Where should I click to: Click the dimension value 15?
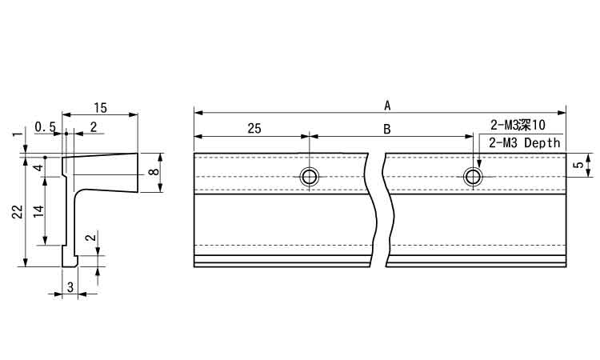[100, 108]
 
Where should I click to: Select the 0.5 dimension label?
[45, 126]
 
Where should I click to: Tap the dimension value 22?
[18, 211]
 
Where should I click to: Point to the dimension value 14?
[38, 211]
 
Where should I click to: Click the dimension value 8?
[154, 171]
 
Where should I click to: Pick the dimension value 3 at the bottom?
[70, 287]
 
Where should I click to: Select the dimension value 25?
[254, 129]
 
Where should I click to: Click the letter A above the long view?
[387, 106]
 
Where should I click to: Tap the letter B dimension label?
[387, 130]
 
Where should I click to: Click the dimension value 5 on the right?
[580, 165]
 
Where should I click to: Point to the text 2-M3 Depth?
[524, 143]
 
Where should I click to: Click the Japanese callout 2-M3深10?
[517, 125]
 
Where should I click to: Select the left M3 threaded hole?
[309, 177]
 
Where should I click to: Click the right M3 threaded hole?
[473, 177]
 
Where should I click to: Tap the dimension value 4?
[38, 167]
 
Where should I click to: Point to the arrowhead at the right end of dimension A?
[562, 113]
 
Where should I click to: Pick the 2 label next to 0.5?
[94, 126]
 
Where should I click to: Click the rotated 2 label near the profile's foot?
[90, 238]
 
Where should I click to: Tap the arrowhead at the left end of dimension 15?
[66, 114]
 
